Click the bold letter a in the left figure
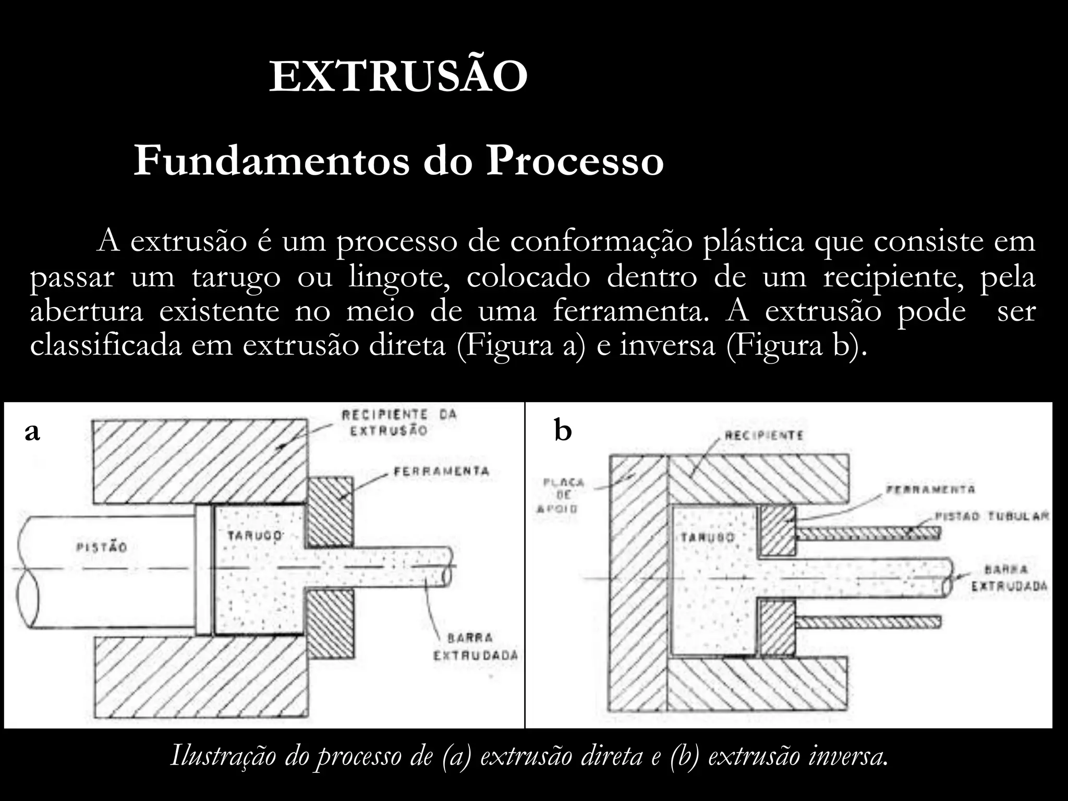point(32,432)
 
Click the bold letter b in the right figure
point(563,432)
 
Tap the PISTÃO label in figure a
point(102,548)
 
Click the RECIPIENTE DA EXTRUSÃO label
point(399,422)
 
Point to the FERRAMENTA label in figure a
point(441,471)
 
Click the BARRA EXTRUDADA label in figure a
point(476,647)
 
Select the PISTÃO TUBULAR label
point(991,516)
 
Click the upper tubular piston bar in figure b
point(868,532)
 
